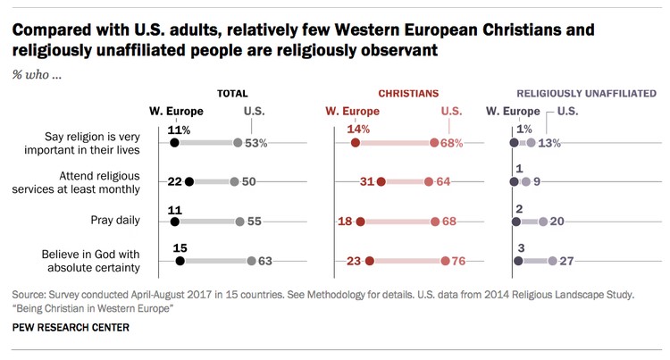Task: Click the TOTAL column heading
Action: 232,93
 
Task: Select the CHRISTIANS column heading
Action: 408,93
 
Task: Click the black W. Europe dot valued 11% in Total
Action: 174,143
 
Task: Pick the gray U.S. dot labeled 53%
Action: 238,143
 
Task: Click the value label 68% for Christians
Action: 451,143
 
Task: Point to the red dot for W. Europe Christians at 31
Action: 381,182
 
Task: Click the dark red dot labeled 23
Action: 370,261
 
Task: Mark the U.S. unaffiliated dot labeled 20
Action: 541,222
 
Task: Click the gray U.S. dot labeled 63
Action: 252,261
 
